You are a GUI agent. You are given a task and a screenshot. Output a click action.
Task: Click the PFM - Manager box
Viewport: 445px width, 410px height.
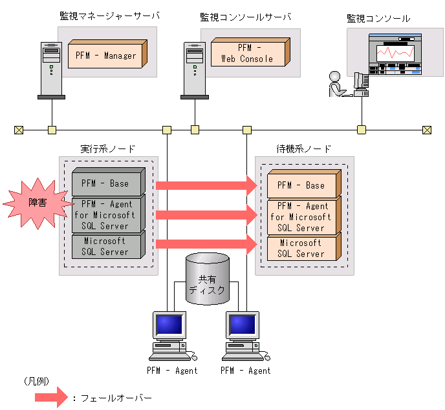[106, 56]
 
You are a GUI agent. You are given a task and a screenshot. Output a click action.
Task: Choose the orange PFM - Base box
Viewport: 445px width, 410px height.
[301, 185]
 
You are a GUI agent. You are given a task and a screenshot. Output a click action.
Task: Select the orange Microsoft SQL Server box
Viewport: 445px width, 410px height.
[301, 249]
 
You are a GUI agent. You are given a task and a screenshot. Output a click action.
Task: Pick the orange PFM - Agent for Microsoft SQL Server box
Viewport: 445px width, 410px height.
[301, 217]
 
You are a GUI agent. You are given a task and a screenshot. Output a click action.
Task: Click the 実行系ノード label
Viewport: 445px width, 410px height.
[108, 149]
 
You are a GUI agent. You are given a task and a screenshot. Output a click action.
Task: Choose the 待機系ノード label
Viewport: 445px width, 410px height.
[304, 149]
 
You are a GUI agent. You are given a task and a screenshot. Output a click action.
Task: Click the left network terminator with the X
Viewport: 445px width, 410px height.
[19, 130]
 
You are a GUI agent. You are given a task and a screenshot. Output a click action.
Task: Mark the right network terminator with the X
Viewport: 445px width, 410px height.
[426, 130]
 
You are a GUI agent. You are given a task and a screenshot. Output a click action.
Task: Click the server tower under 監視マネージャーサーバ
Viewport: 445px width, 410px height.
[50, 70]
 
